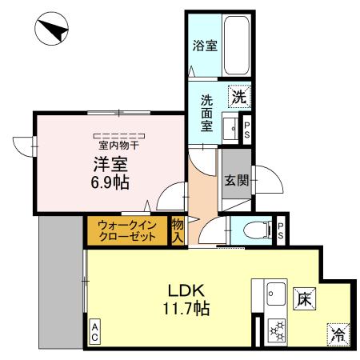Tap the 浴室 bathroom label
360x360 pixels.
pos(205,46)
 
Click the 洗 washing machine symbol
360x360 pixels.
pos(238,98)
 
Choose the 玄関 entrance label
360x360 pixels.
pos(234,180)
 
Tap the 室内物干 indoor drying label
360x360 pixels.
pos(118,146)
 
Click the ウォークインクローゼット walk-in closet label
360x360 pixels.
pos(127,231)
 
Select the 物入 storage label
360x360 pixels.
pos(178,230)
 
